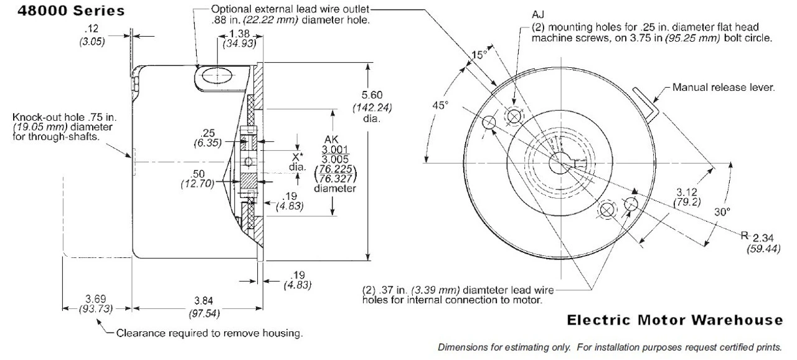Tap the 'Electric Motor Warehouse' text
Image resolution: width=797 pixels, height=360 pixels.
point(675,320)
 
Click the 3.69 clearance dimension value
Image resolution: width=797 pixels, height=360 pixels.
point(97,298)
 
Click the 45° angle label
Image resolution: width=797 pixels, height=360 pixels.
point(440,105)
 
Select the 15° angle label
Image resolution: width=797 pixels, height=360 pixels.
point(478,55)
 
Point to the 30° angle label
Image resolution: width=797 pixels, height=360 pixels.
point(721,212)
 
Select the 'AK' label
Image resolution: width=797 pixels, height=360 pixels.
point(333,140)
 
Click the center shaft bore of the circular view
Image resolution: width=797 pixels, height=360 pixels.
point(559,163)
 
